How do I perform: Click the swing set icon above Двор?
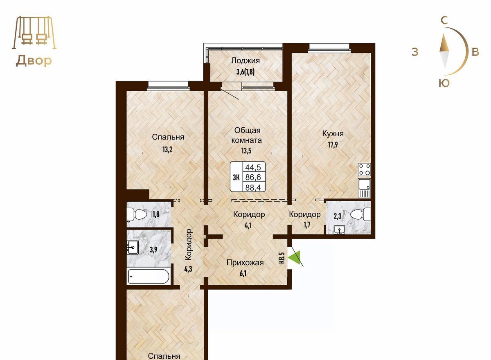coord(34,33)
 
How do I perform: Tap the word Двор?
coord(34,61)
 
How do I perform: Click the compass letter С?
coord(444,20)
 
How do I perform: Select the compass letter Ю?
coord(444,83)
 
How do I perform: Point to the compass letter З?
coord(415,52)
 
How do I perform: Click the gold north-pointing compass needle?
coord(444,43)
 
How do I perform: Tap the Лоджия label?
coord(245,61)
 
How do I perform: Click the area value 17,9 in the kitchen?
coord(333,145)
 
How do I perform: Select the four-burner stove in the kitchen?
coord(364,169)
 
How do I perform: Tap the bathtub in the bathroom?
coord(149,276)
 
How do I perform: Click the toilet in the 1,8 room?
coord(137,214)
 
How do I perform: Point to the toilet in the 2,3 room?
coord(360,214)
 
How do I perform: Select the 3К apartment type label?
coord(236,177)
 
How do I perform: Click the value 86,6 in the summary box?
coord(253,177)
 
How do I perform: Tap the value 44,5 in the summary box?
coord(253,167)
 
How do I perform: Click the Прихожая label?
coord(245,263)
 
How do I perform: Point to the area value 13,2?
coord(167,150)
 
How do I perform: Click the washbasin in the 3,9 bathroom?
coord(133,247)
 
